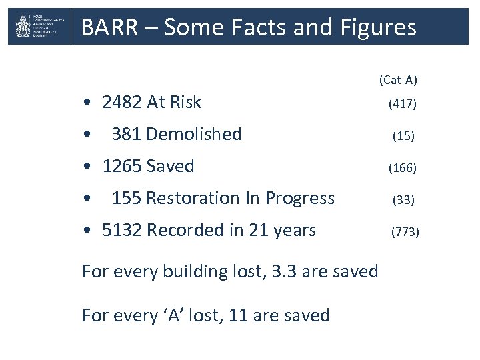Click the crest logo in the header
click(23, 27)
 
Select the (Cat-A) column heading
click(398, 80)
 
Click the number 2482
click(122, 102)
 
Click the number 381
click(127, 134)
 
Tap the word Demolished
click(193, 134)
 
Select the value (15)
click(403, 136)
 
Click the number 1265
click(122, 166)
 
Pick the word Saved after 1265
click(170, 166)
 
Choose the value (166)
click(403, 168)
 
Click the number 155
click(127, 198)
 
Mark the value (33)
click(403, 200)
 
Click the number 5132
click(122, 230)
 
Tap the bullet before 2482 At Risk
click(88, 103)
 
